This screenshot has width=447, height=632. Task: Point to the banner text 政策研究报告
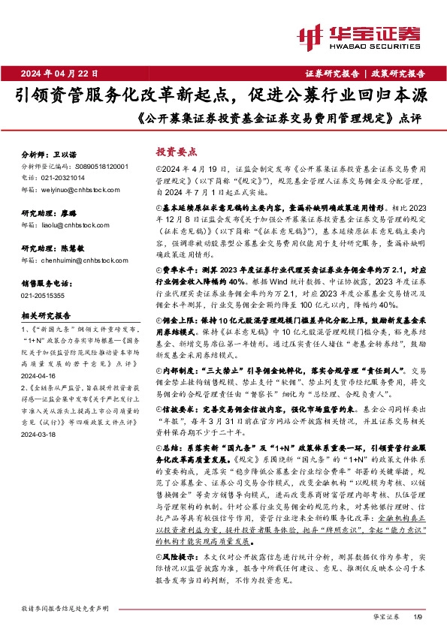(397, 74)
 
